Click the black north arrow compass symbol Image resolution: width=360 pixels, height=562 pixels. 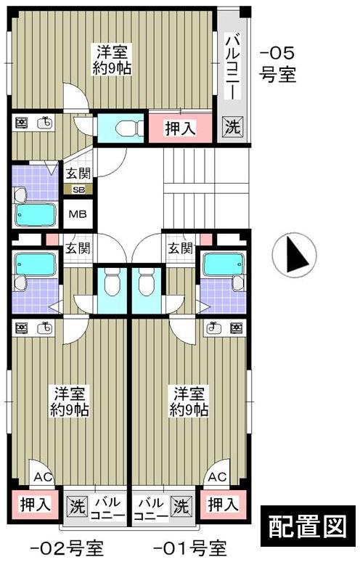click(x=294, y=256)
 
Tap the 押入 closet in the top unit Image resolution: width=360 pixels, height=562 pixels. click(x=179, y=129)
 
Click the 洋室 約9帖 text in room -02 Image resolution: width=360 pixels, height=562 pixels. click(x=70, y=401)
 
